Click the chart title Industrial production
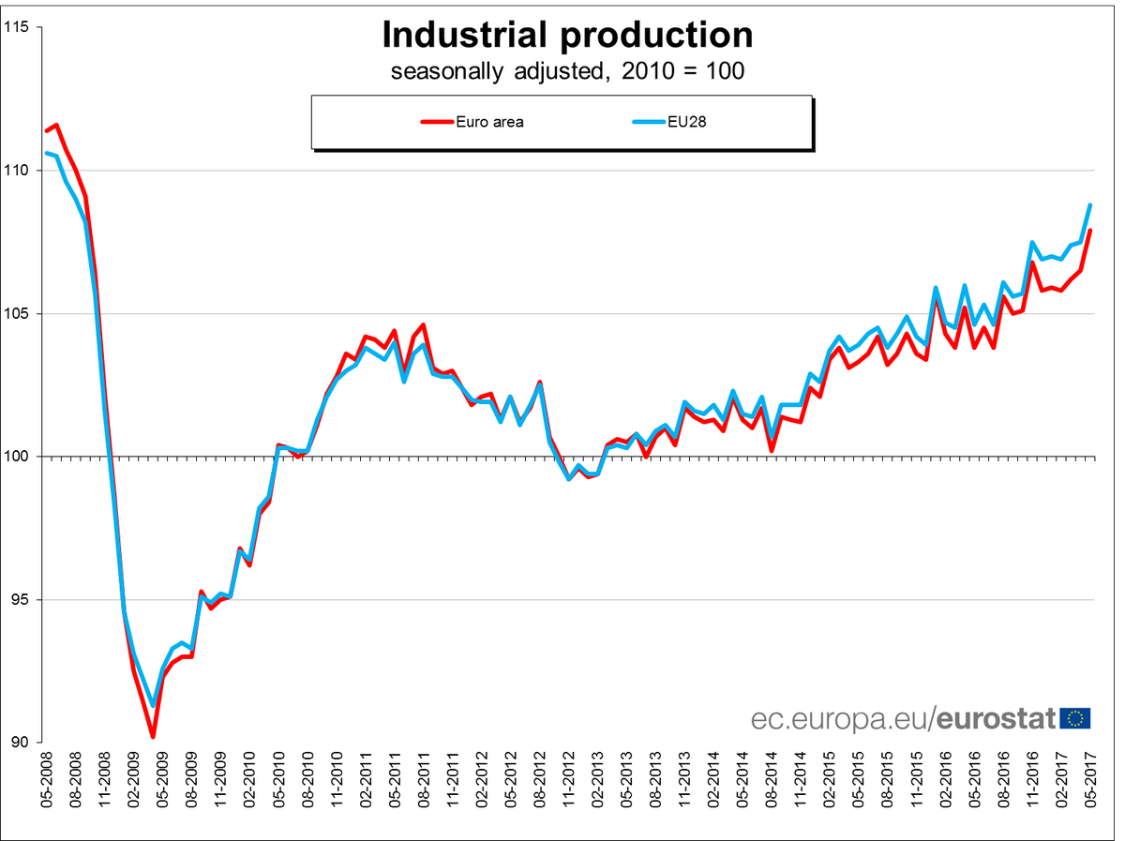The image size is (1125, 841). point(567,35)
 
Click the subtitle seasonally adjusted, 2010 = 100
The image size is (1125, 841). point(567,71)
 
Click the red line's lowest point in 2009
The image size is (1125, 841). point(153,737)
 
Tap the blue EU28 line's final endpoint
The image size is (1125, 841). point(1090,205)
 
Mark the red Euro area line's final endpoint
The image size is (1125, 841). point(1090,231)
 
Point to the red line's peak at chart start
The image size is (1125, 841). point(57,125)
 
